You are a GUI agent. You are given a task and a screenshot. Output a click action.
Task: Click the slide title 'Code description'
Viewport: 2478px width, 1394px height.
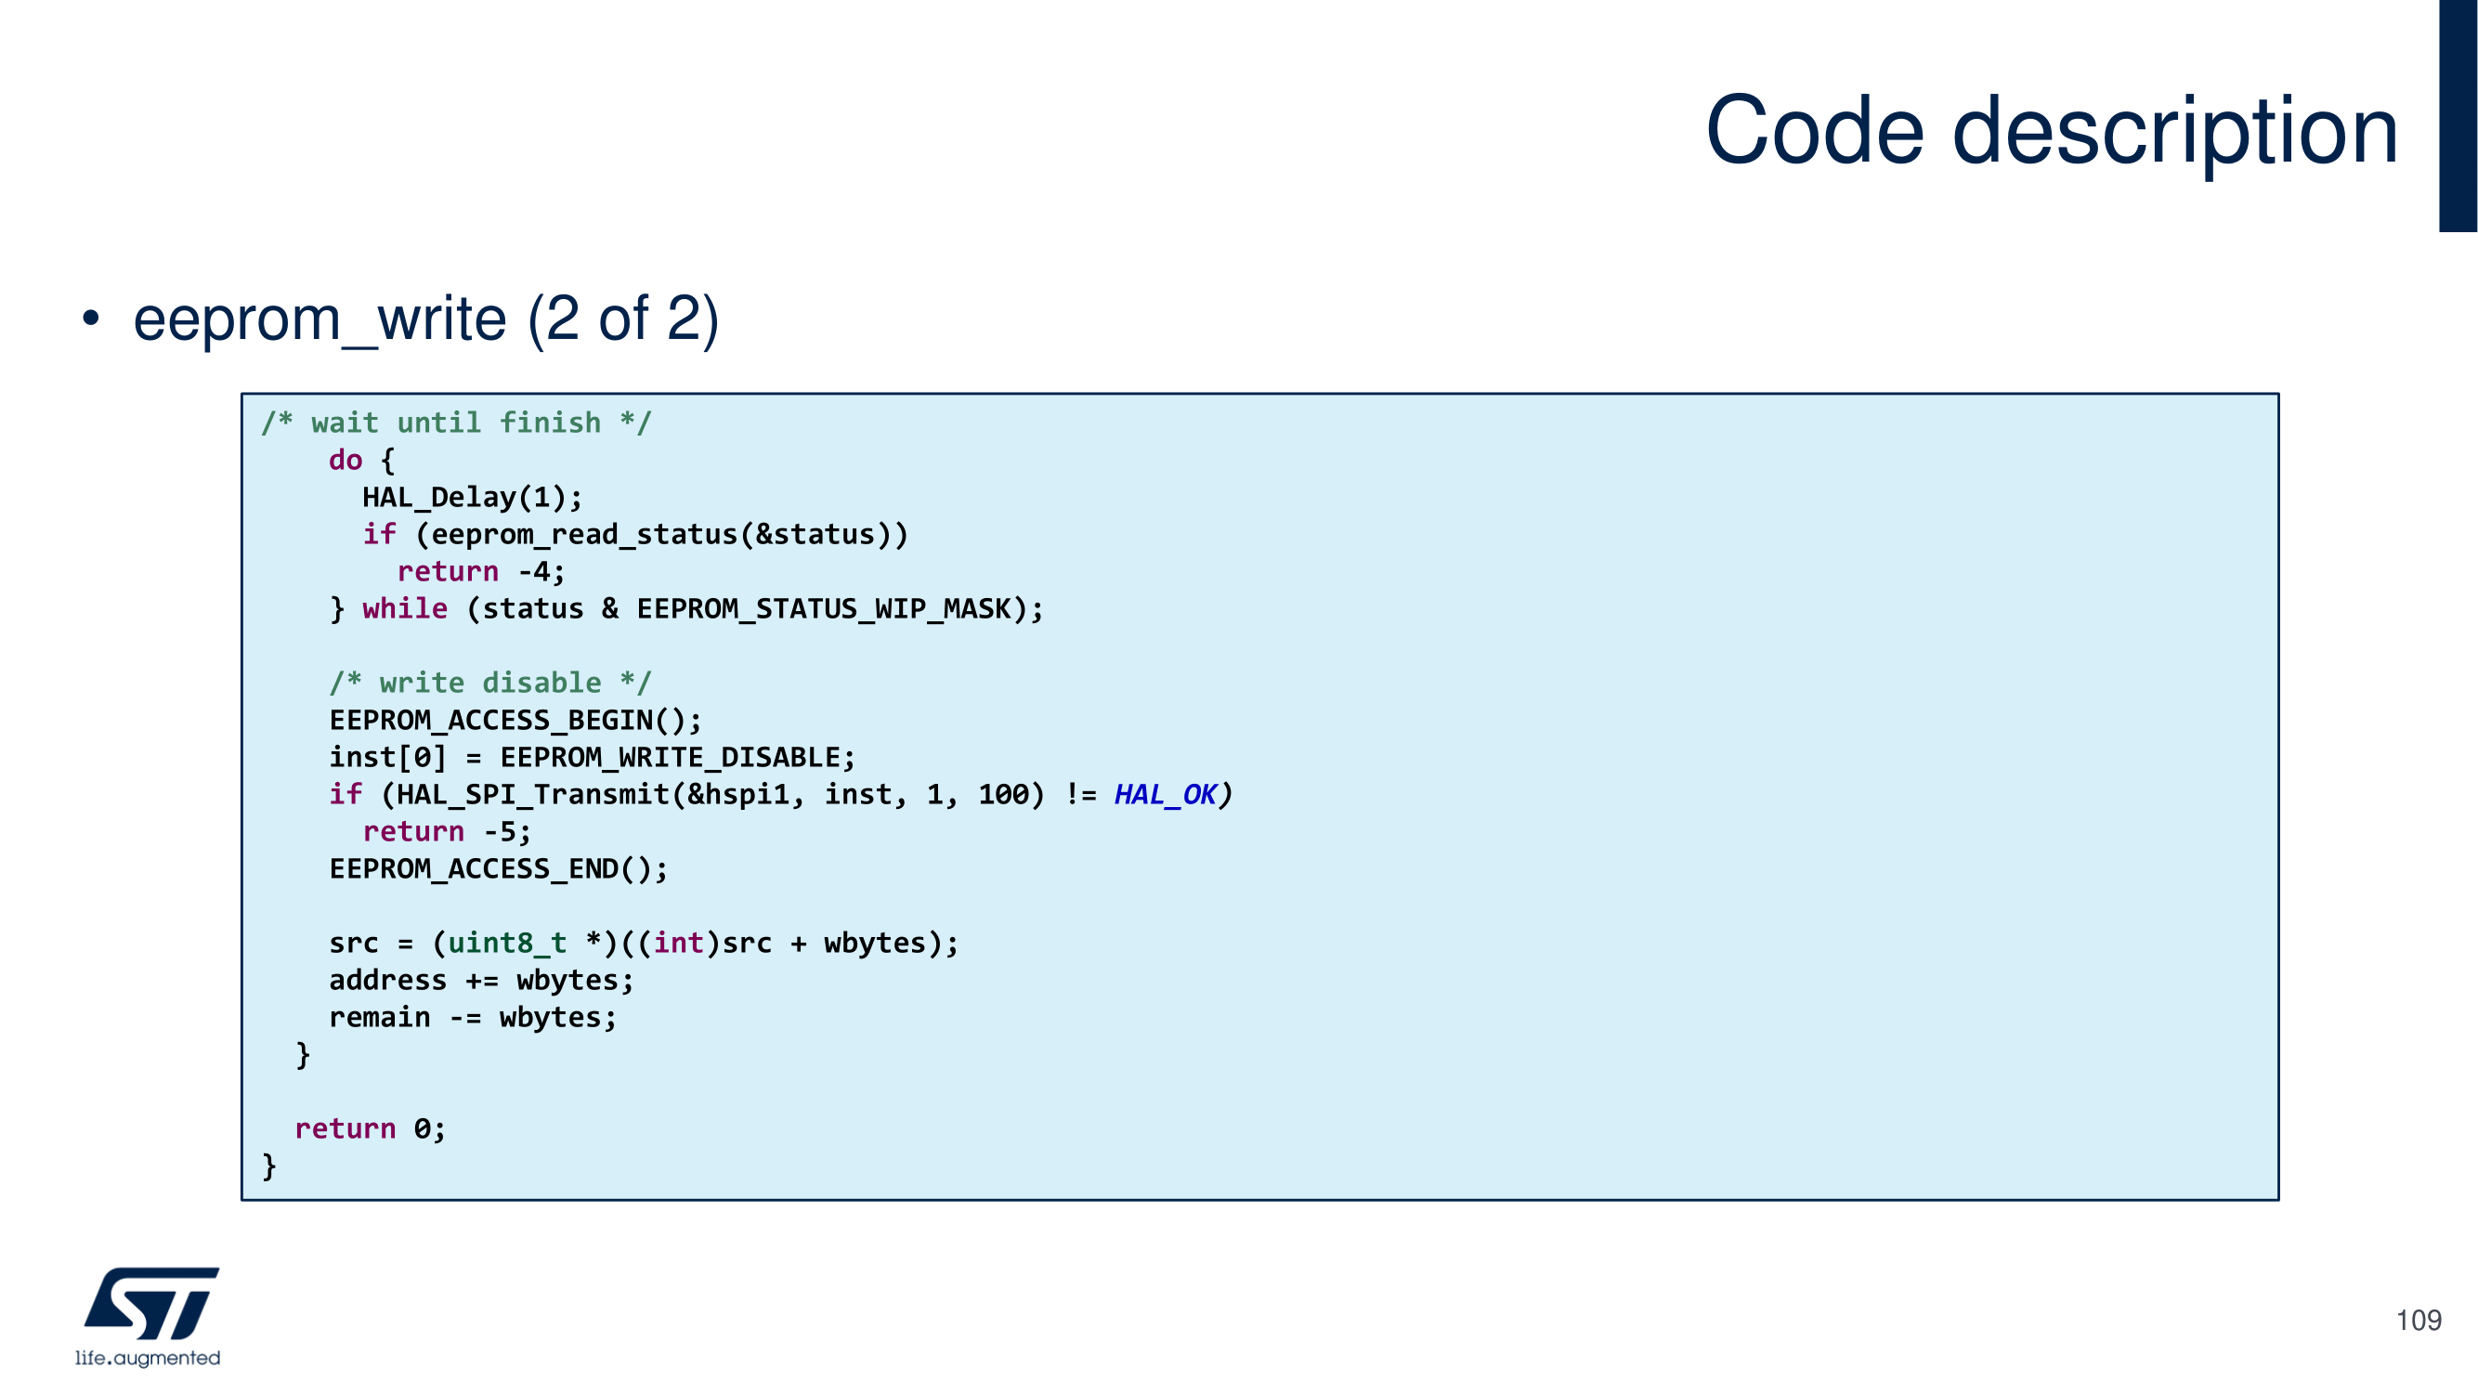point(2051,131)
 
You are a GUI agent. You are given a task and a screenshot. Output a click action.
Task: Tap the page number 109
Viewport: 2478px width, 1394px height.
point(2418,1320)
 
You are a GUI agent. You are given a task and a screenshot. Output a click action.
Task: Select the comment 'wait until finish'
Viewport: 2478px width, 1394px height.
point(456,423)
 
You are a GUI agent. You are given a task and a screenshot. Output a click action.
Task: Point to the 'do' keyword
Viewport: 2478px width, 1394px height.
point(346,460)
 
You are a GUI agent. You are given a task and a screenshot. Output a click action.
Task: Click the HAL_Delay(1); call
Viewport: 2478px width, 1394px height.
point(472,498)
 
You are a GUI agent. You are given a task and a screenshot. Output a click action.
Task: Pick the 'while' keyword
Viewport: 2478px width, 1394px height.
point(405,609)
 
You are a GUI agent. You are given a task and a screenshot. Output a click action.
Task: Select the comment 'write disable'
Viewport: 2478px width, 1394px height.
point(489,683)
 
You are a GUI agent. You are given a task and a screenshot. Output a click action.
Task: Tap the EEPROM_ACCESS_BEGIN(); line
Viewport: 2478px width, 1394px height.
point(515,721)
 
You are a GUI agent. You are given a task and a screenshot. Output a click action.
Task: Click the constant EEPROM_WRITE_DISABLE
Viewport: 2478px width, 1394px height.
point(671,758)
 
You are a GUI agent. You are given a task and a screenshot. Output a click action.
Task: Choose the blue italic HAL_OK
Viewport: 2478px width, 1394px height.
point(1165,795)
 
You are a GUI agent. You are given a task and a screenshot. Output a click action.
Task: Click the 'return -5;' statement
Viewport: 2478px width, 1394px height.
point(447,832)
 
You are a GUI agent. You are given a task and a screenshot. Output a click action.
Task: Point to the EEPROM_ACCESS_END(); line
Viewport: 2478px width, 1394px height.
point(497,868)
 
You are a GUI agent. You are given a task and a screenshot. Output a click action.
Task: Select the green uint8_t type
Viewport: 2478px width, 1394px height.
point(506,944)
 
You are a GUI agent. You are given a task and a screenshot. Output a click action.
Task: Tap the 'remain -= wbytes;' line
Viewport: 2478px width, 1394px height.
point(473,1018)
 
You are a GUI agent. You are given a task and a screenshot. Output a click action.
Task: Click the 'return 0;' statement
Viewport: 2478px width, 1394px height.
point(370,1128)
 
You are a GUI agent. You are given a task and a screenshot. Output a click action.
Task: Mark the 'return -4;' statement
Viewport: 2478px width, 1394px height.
point(481,572)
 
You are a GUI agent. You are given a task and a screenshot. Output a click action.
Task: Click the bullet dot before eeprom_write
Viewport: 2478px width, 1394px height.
point(90,319)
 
